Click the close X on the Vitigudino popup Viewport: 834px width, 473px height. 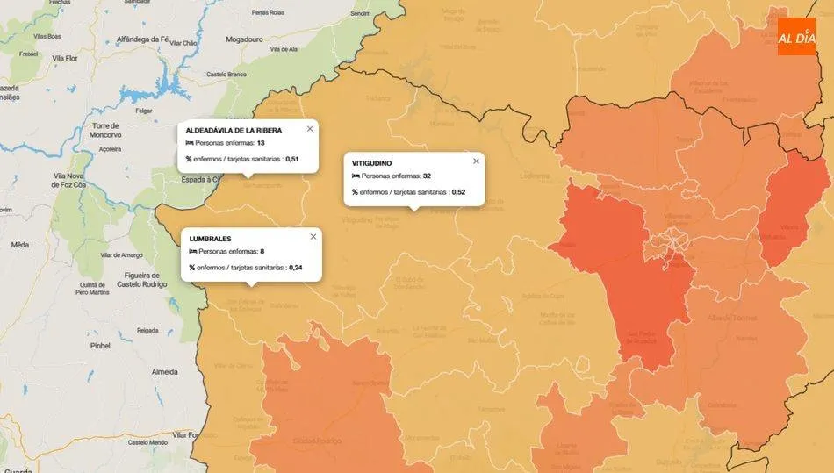point(477,161)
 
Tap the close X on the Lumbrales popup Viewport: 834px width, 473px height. point(313,236)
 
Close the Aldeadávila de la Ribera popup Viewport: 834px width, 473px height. point(310,128)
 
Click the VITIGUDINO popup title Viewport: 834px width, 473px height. point(371,163)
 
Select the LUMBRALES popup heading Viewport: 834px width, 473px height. point(210,239)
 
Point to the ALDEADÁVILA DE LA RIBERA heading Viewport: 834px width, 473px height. point(234,130)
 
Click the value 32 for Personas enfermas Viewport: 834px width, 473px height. point(427,176)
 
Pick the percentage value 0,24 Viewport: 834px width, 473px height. point(296,267)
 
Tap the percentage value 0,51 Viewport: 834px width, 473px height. point(292,159)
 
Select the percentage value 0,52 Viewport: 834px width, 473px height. point(458,191)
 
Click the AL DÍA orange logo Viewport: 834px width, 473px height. point(796,37)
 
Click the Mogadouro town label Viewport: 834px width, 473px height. point(244,39)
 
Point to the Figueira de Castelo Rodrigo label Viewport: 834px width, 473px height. point(140,279)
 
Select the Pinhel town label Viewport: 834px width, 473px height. point(100,346)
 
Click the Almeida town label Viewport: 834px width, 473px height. point(165,372)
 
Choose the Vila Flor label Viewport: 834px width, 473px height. point(66,58)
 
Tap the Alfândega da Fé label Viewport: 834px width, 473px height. point(142,39)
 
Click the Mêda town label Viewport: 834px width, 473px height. point(19,245)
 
